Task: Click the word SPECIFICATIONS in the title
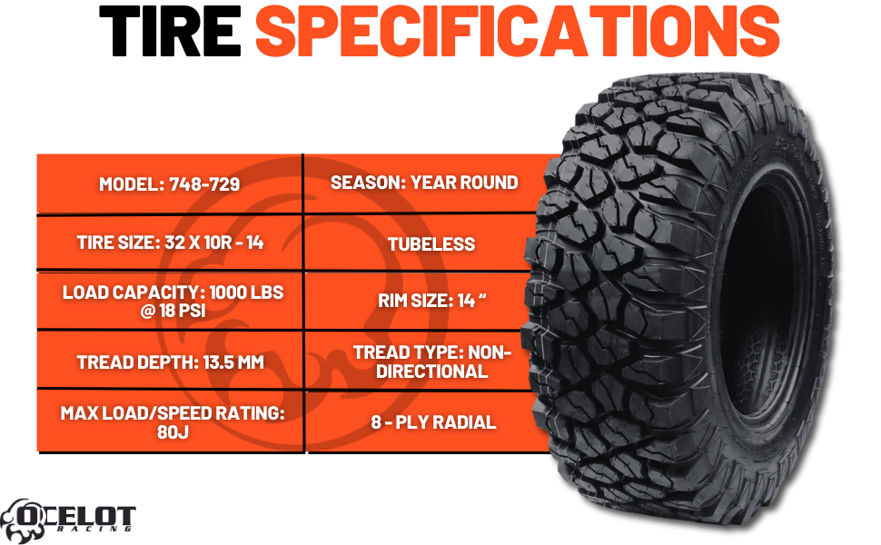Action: pyautogui.click(x=517, y=32)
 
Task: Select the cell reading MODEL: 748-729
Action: pyautogui.click(x=169, y=184)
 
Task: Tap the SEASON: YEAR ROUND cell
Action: pyautogui.click(x=424, y=183)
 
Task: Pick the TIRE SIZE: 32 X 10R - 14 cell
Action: pyautogui.click(x=169, y=243)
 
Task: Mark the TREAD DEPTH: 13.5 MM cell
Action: pyautogui.click(x=169, y=362)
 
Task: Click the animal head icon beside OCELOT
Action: pyautogui.click(x=20, y=517)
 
